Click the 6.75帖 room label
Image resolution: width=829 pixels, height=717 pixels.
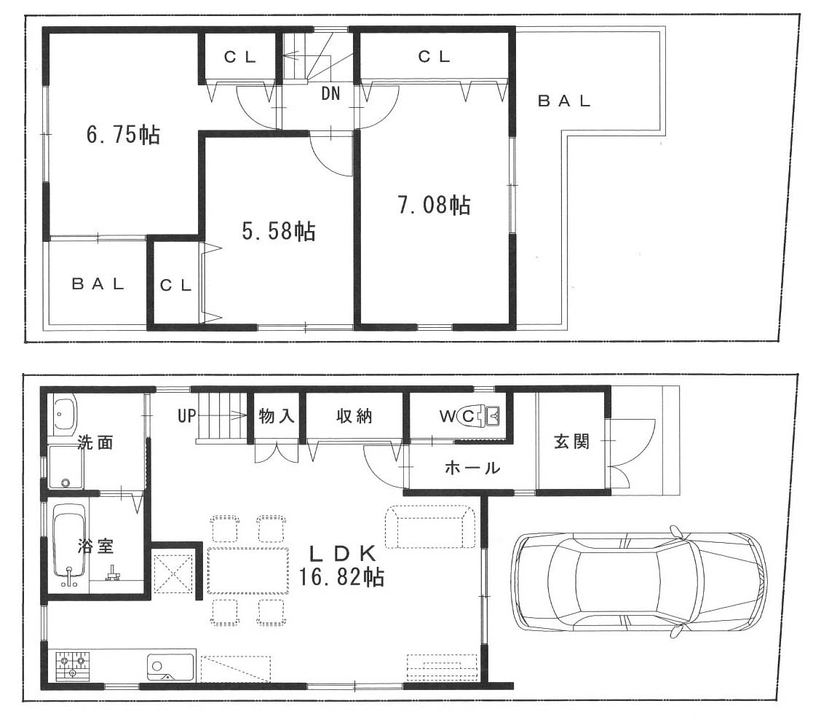123,134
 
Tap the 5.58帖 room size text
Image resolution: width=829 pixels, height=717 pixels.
279,231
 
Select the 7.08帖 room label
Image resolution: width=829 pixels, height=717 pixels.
434,205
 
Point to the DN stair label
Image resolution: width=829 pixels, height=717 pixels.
330,94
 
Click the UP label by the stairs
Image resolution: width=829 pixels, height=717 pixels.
186,416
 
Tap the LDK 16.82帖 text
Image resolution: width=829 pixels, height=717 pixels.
341,565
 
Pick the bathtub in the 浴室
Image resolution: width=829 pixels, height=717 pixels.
69,546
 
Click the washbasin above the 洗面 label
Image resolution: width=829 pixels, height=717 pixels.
65,414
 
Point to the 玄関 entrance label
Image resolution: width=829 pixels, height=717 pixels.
571,442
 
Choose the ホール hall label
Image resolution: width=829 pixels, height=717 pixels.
472,468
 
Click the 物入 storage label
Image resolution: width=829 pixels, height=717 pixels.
277,416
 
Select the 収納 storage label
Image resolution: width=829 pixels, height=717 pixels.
354,416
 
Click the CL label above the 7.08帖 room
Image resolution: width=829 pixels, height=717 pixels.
434,56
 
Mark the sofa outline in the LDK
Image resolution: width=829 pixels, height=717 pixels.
430,527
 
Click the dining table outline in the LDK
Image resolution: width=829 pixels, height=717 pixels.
248,571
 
